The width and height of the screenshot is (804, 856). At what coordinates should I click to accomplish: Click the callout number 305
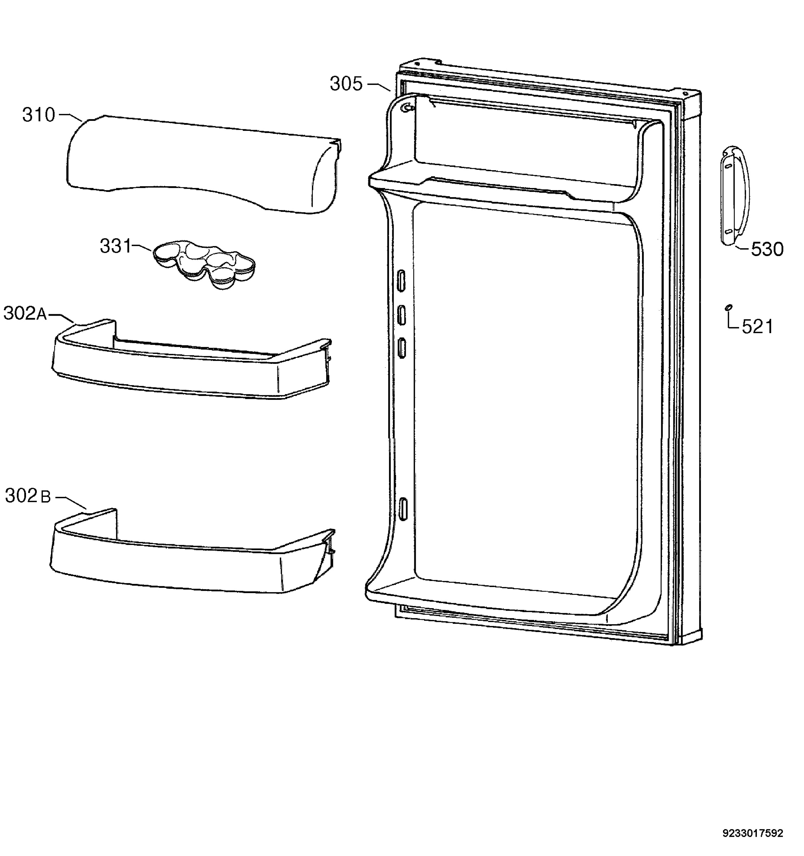coord(346,83)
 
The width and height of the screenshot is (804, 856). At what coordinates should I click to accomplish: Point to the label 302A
coord(25,314)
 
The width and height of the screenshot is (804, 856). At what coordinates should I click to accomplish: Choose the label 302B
coord(28,496)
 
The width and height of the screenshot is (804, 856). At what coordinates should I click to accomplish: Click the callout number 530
coord(767,250)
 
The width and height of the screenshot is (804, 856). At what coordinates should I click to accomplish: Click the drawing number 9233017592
coord(752,833)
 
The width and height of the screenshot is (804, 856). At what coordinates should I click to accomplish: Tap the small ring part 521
coord(728,307)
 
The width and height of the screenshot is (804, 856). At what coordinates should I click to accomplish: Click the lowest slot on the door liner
coord(403,509)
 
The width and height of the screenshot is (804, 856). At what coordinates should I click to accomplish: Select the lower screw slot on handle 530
coord(728,231)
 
